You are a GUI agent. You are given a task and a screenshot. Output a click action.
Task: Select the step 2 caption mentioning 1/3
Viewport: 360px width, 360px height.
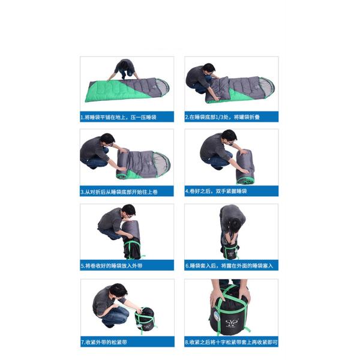point(230,118)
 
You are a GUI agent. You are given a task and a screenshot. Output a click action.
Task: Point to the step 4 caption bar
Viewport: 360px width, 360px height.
point(230,192)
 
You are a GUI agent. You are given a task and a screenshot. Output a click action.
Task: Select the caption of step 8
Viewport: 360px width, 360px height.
point(230,343)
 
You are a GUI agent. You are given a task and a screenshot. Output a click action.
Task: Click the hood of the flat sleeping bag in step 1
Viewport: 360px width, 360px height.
point(159,87)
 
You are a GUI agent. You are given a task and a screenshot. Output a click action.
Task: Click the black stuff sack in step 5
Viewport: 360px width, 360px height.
point(132,248)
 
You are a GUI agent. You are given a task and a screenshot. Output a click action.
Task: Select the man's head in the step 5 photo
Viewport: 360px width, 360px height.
point(128,211)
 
